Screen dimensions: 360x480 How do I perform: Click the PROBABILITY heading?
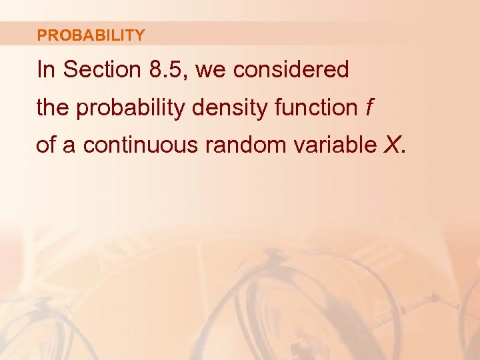coord(91,35)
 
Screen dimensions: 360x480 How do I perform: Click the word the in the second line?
coord(53,108)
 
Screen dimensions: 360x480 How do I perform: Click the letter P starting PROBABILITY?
coord(42,35)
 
